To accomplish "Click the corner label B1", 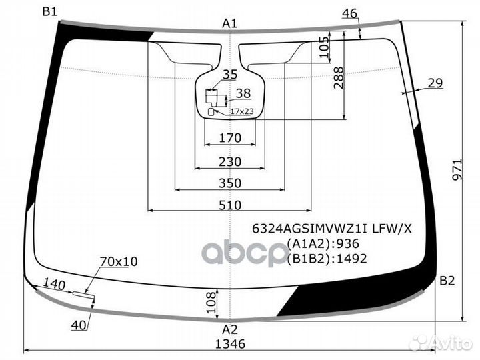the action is [49, 11].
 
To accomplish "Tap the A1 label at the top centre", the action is [229, 23].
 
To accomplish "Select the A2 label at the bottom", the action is [229, 330].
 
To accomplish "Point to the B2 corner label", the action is [447, 281].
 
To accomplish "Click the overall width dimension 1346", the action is [230, 344].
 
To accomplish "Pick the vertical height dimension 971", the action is [457, 169].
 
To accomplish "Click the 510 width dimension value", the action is [230, 205].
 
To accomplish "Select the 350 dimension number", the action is [230, 183].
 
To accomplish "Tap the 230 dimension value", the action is [230, 161].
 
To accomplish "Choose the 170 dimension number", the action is [230, 138].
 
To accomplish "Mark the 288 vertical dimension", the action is [339, 78].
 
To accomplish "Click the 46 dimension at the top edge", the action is [349, 13].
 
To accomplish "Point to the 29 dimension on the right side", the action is [435, 83].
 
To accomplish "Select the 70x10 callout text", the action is [119, 261].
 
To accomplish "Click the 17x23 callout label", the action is [242, 111].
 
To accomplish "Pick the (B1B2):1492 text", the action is [327, 259].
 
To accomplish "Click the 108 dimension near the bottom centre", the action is [211, 303].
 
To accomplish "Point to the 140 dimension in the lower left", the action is [54, 285].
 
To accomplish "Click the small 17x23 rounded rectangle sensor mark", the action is [211, 112].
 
